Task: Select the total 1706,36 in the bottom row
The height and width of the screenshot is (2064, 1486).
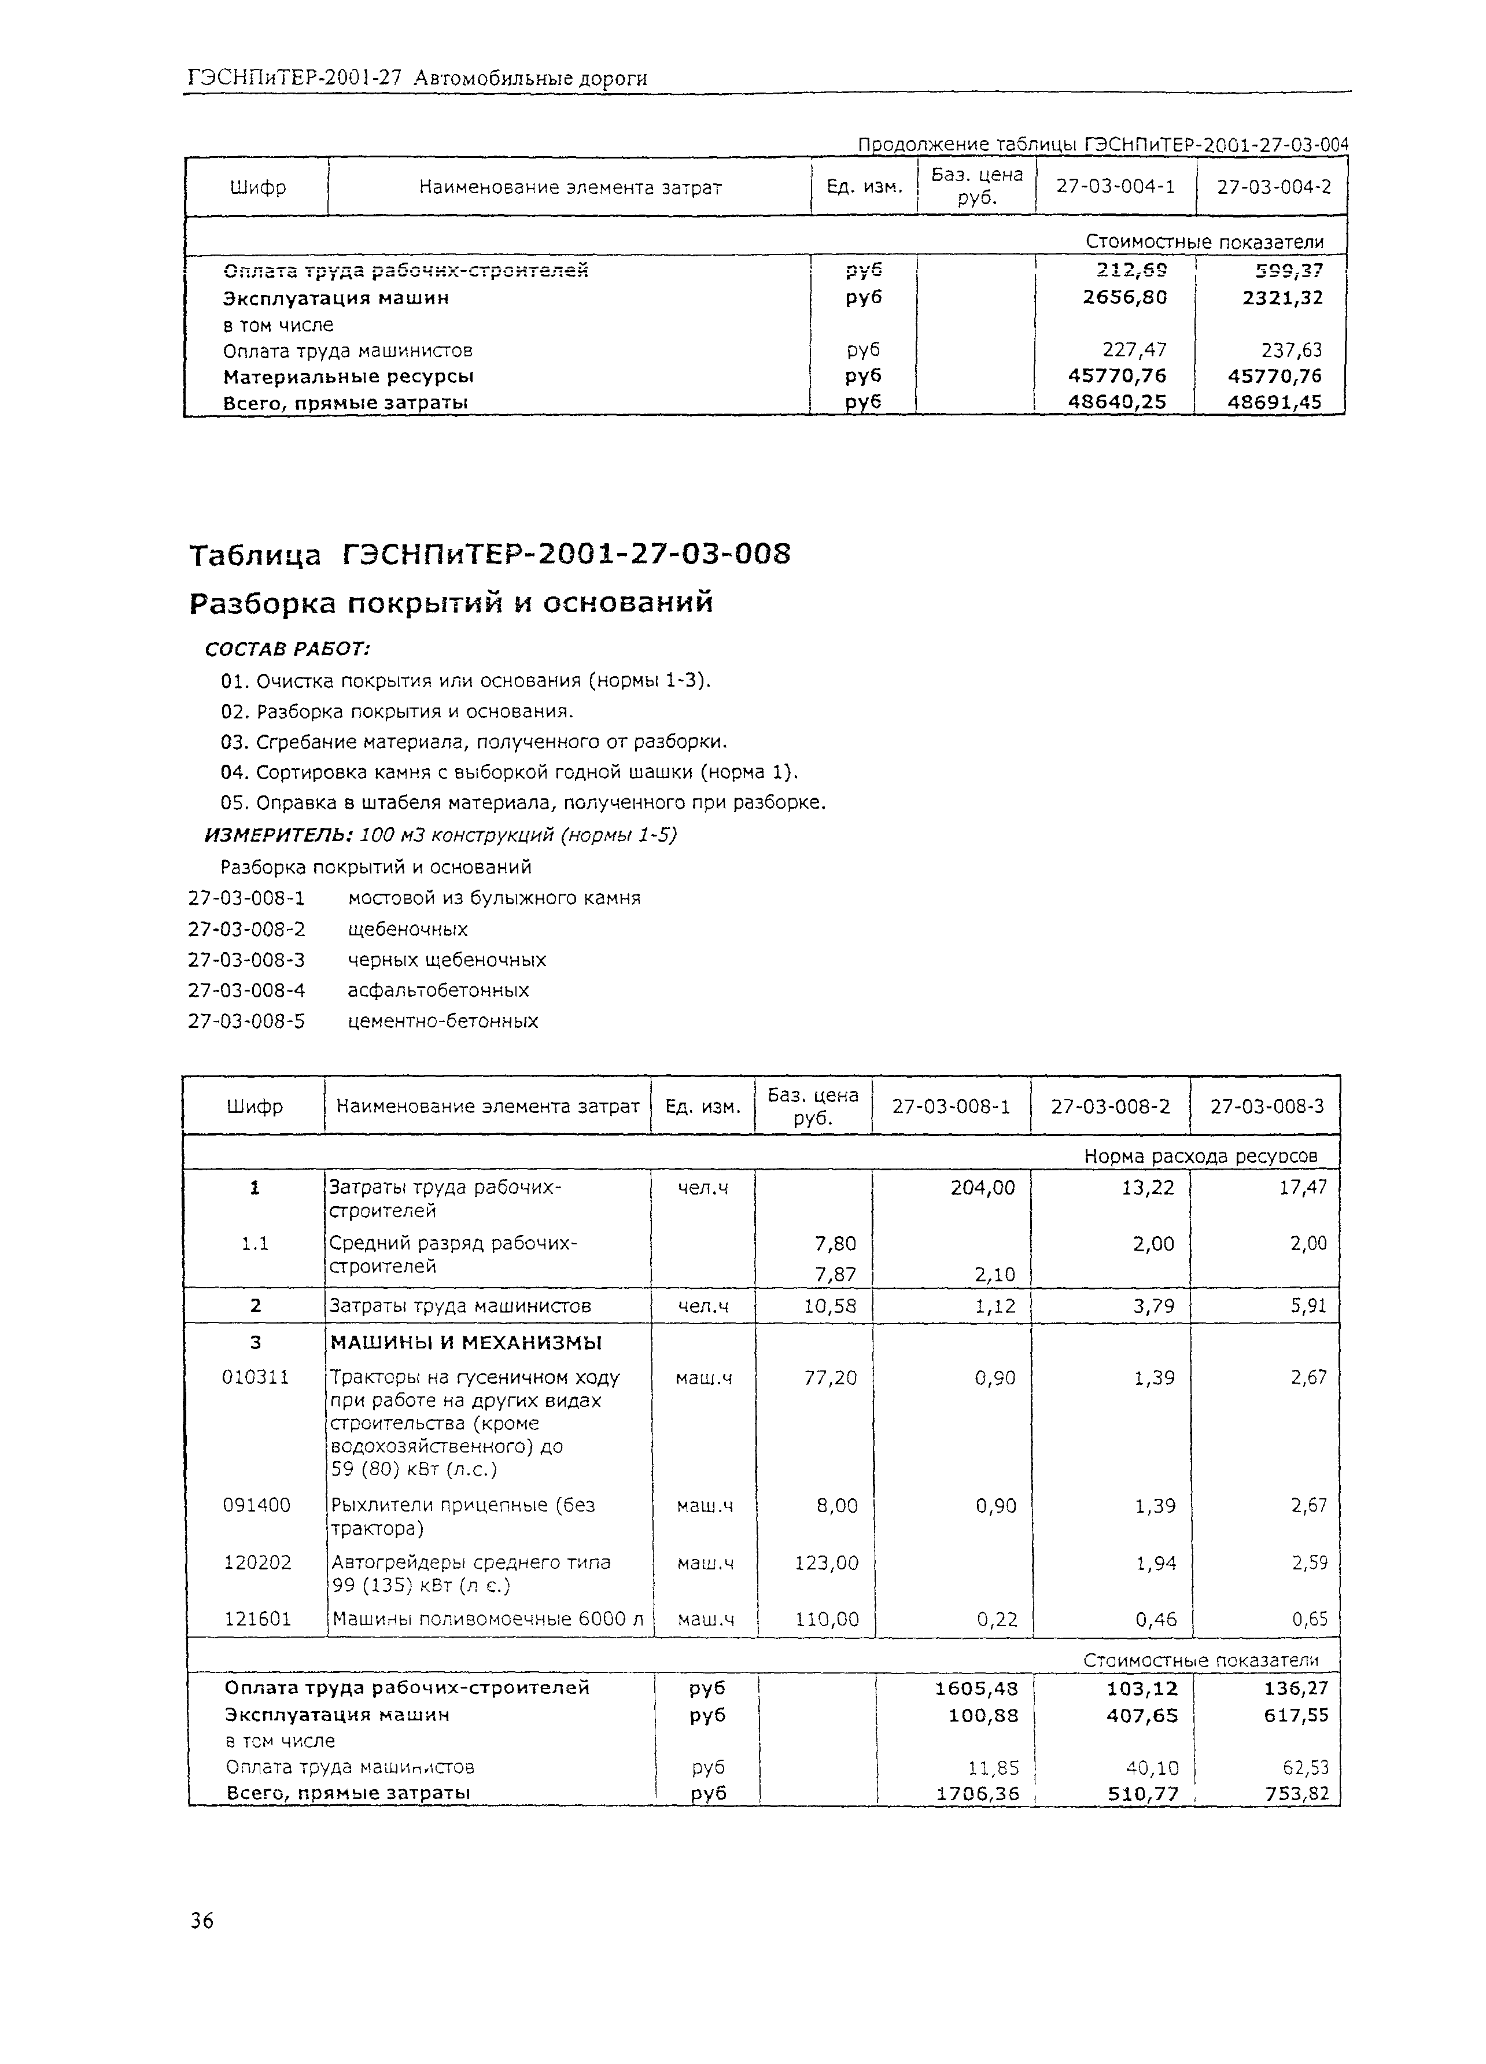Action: click(x=976, y=1793)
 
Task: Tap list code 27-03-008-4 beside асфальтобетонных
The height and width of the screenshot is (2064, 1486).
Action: click(x=246, y=990)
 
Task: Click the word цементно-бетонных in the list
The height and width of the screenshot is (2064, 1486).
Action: click(x=443, y=1021)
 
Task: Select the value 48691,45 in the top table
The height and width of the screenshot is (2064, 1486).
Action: click(x=1274, y=401)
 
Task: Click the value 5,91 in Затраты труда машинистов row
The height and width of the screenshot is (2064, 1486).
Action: click(x=1308, y=1307)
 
